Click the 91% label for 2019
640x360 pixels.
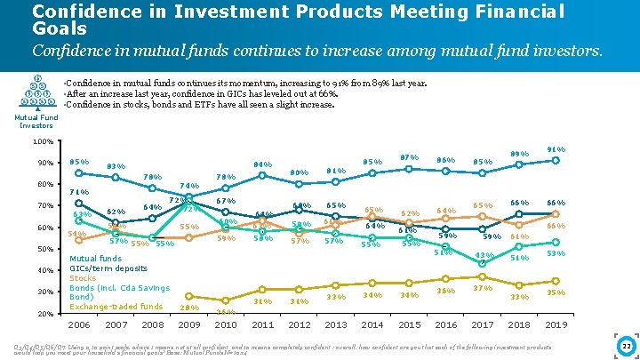[x=556, y=149]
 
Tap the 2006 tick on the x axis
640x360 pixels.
[x=79, y=325]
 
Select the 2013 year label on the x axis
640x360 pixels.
[x=336, y=325]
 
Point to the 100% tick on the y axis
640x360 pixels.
[x=42, y=142]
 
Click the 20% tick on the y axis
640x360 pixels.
[x=44, y=314]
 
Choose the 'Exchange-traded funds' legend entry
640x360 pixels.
[x=116, y=307]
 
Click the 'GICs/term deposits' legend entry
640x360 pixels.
[x=108, y=268]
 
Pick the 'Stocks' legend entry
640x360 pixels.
[x=83, y=278]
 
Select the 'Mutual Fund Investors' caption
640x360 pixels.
[x=36, y=121]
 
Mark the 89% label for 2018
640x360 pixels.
[x=519, y=154]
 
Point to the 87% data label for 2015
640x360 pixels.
[x=409, y=157]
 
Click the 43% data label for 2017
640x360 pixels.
[x=483, y=255]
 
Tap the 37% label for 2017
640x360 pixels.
[x=483, y=288]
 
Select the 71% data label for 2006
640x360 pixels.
[x=78, y=192]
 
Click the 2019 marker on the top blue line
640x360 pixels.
[x=556, y=161]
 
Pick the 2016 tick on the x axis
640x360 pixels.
[x=446, y=325]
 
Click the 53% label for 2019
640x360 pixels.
[x=556, y=253]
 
